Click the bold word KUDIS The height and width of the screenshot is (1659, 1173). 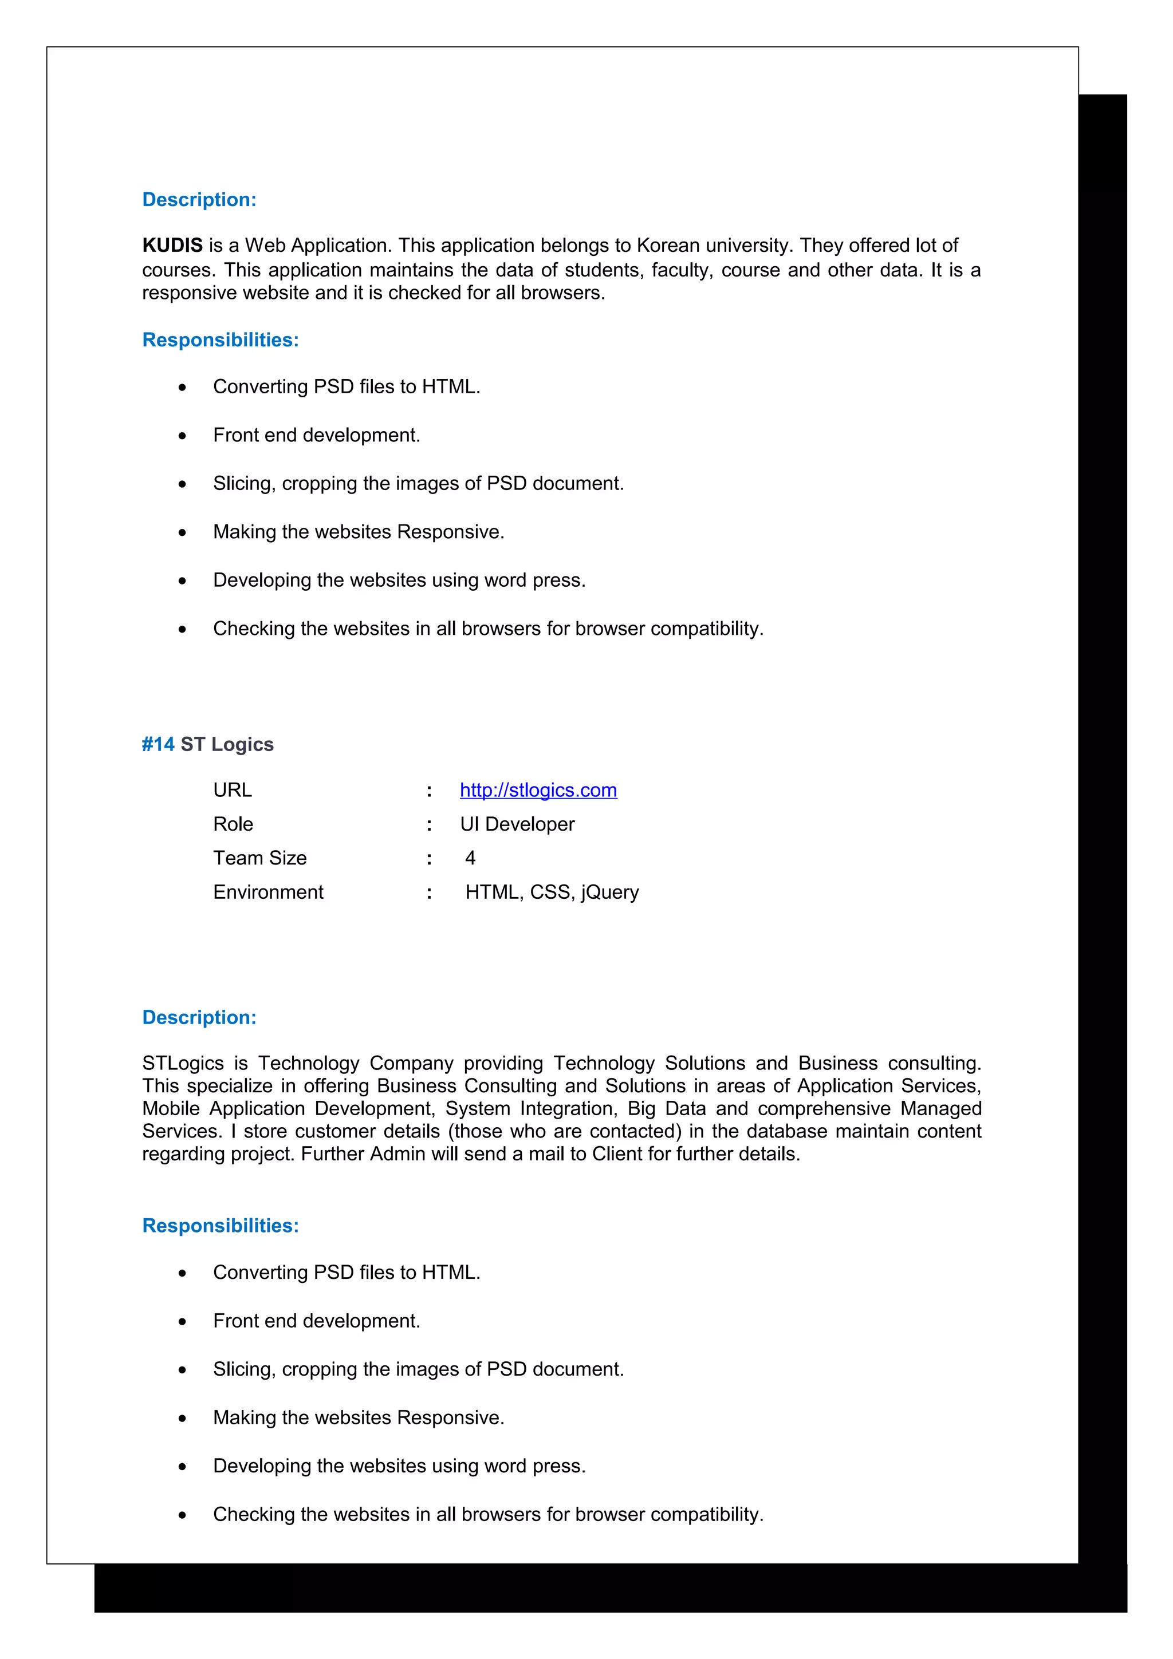click(x=172, y=246)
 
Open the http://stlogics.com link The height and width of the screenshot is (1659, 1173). click(x=538, y=790)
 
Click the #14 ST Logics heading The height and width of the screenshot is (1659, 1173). click(x=207, y=744)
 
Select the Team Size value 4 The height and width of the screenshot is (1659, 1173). click(x=470, y=858)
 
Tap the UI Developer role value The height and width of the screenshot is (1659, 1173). click(x=517, y=824)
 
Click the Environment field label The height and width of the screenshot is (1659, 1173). click(x=268, y=892)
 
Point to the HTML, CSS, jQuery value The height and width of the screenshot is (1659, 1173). click(x=552, y=892)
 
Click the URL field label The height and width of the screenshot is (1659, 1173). click(x=232, y=790)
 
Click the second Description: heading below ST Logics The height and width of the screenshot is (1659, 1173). click(x=199, y=1017)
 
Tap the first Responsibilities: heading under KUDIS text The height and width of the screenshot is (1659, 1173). click(x=220, y=339)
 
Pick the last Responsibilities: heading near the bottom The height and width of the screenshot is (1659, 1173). click(x=220, y=1226)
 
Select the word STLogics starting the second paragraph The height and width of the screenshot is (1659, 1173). click(x=183, y=1063)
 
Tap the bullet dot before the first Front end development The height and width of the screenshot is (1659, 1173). click(x=182, y=436)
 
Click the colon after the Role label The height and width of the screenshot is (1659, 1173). click(x=430, y=824)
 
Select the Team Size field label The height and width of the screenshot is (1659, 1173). click(x=259, y=858)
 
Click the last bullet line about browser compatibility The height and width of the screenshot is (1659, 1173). click(x=488, y=1515)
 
